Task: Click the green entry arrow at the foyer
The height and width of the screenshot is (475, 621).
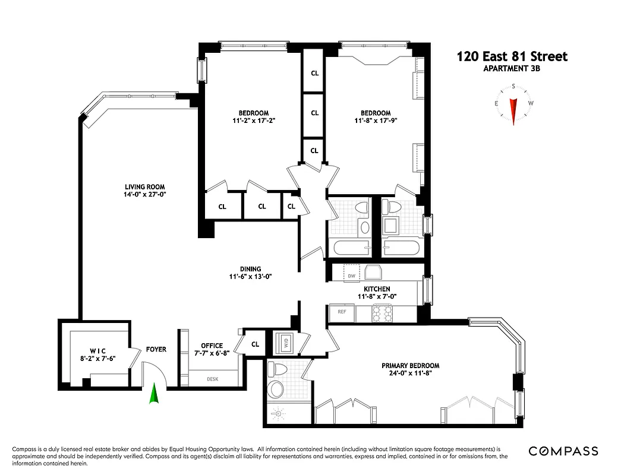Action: tap(154, 394)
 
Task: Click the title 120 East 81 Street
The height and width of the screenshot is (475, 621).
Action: tap(512, 56)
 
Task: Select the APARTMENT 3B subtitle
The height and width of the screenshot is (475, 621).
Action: tap(512, 68)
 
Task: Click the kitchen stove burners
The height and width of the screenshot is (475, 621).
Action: tap(383, 312)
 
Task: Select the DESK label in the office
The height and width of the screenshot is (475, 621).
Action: tap(213, 378)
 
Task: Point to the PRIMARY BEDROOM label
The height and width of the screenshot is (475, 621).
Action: tap(410, 366)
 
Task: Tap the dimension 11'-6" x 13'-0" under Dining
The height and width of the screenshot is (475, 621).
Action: tap(250, 277)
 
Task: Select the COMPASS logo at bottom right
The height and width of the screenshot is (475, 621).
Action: tap(563, 451)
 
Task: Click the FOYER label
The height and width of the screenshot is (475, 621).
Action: tap(156, 350)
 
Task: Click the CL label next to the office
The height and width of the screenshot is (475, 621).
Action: tap(256, 344)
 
